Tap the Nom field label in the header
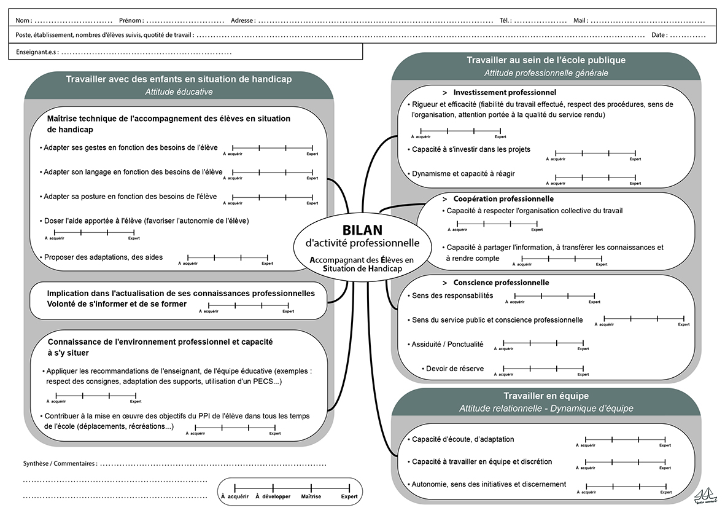[24, 20]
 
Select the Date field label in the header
[659, 35]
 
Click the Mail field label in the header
[580, 20]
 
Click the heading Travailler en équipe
[546, 396]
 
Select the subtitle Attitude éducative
[179, 92]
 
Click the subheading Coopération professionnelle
[503, 199]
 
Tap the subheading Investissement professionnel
[504, 92]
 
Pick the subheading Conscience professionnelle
[500, 283]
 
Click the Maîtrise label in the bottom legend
[312, 496]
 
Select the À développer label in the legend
[273, 496]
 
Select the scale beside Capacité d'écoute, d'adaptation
[625, 439]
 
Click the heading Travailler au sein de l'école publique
[546, 60]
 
